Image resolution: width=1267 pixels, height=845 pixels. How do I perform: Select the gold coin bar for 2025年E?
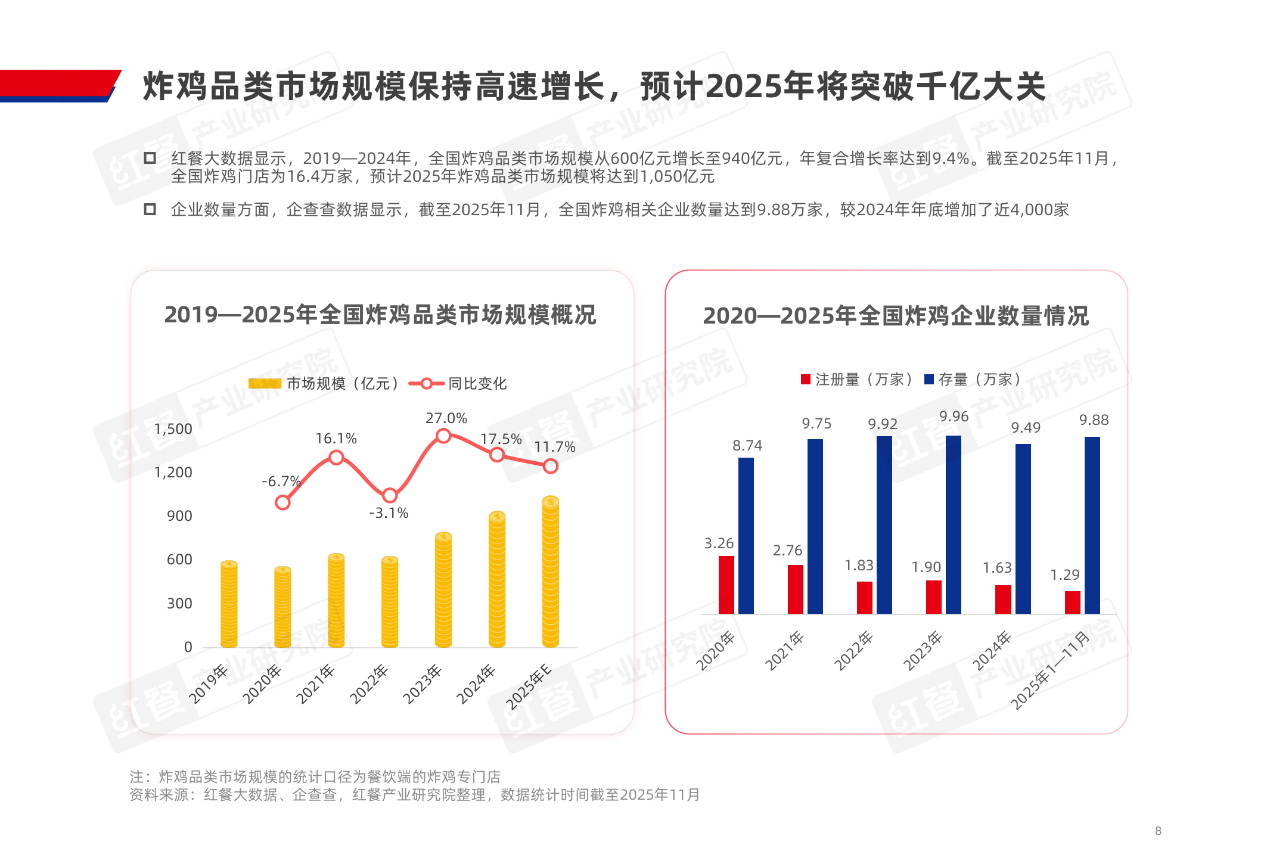click(x=550, y=571)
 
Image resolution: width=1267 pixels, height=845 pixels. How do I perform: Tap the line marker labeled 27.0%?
click(x=443, y=436)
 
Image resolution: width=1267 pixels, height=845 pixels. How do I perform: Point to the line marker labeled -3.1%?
click(x=390, y=495)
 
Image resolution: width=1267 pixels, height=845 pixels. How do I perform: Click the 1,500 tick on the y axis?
click(x=173, y=429)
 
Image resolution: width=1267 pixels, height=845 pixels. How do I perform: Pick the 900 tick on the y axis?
click(x=179, y=516)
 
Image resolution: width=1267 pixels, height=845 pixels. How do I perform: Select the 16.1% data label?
click(x=336, y=439)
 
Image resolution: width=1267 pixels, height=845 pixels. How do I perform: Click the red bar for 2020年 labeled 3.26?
click(x=726, y=585)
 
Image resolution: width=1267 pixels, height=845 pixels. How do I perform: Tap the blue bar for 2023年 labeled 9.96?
click(x=953, y=524)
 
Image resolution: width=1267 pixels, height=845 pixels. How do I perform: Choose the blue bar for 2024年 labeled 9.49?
click(x=1023, y=529)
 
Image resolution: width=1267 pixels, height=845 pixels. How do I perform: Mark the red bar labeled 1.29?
click(x=1072, y=602)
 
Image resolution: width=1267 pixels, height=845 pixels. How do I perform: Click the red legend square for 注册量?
click(x=806, y=380)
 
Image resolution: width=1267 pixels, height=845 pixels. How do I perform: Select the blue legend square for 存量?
click(x=928, y=380)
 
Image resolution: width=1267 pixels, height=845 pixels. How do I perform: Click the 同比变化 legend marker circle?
click(x=427, y=384)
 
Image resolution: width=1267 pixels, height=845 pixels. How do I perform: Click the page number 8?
click(x=1158, y=831)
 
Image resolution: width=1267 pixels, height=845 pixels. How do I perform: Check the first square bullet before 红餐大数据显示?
click(x=150, y=158)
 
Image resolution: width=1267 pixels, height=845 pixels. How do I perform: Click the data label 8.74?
click(x=747, y=446)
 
